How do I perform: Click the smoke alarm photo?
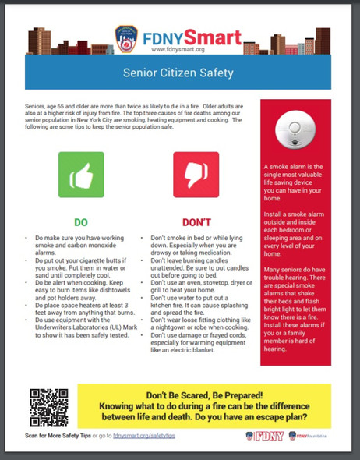click(x=295, y=130)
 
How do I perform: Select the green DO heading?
click(x=81, y=221)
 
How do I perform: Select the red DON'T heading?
click(x=196, y=221)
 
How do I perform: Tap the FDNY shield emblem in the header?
click(x=125, y=37)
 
